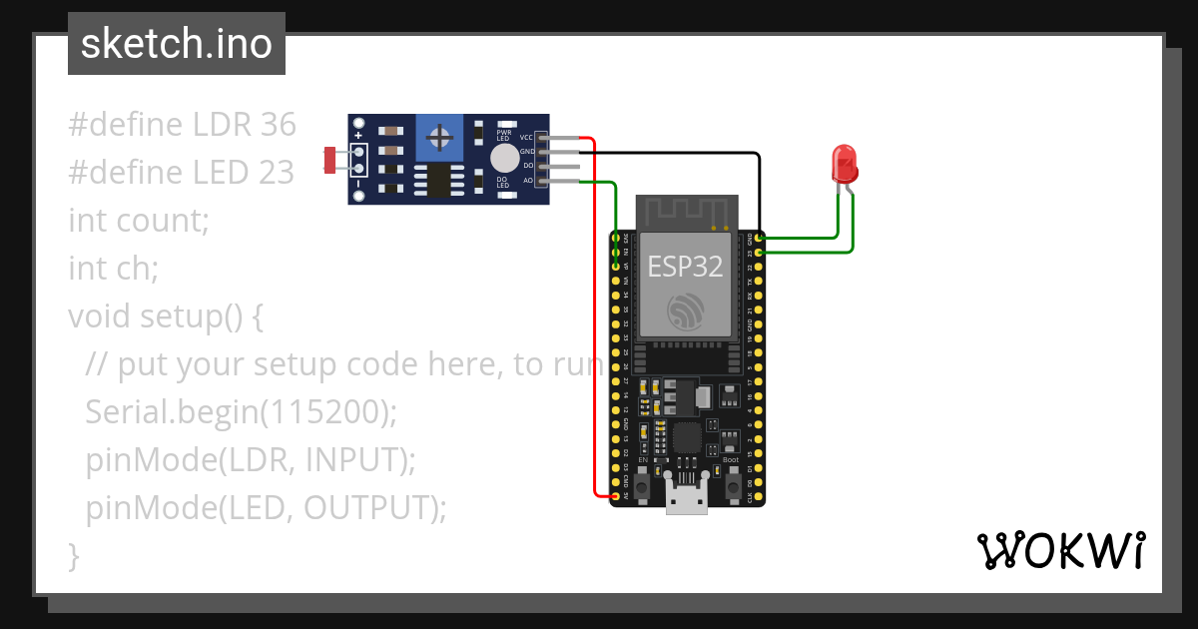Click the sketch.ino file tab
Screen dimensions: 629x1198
click(177, 44)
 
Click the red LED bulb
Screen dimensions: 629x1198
click(845, 162)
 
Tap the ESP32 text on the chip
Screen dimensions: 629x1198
click(686, 266)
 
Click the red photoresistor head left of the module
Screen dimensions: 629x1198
click(331, 158)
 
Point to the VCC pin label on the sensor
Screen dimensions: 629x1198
click(526, 137)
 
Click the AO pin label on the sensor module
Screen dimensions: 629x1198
click(528, 181)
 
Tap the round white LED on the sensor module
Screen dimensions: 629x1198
click(505, 158)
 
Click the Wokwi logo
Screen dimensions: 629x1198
click(1060, 550)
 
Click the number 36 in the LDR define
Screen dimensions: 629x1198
click(278, 125)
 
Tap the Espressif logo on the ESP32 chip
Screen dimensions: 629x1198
click(687, 313)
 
